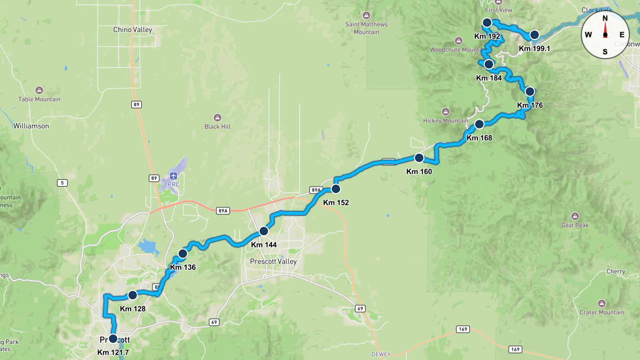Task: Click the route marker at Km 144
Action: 263,231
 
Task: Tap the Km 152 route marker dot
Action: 336,189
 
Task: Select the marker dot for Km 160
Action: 419,158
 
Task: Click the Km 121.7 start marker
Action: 113,339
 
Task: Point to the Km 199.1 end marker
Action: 534,35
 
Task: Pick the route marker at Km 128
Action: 132,295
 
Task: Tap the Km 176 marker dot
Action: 530,91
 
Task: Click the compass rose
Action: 605,35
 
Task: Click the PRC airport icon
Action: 173,175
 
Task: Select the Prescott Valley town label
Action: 273,261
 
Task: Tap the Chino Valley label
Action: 133,30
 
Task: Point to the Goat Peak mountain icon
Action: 575,216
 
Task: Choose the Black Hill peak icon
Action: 217,117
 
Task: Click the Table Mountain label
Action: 39,99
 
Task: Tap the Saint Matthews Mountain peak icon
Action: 366,15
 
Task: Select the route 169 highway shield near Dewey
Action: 462,329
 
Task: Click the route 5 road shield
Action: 62,183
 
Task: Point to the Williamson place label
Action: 31,126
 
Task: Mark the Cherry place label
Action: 615,271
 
